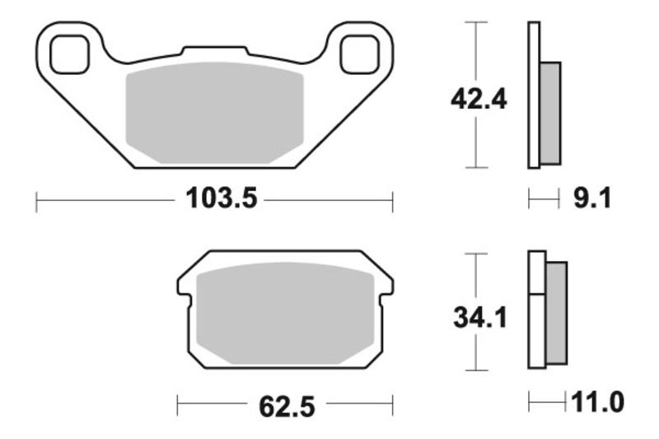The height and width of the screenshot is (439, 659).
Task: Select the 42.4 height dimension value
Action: pyautogui.click(x=478, y=100)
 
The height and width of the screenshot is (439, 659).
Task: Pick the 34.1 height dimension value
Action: pyautogui.click(x=478, y=317)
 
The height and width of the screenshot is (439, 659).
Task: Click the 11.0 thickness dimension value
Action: pyautogui.click(x=596, y=403)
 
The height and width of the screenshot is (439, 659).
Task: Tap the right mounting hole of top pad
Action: pyautogui.click(x=360, y=54)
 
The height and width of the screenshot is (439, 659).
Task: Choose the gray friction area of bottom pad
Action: pyautogui.click(x=285, y=317)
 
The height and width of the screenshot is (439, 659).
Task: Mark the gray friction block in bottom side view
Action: pyautogui.click(x=556, y=312)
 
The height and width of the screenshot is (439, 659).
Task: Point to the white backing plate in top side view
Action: pyautogui.click(x=533, y=96)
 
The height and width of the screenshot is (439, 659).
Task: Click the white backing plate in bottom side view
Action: pyautogui.click(x=536, y=309)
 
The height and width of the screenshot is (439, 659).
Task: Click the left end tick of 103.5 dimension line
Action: pyautogui.click(x=37, y=201)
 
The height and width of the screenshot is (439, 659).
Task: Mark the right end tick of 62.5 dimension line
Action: pyautogui.click(x=392, y=405)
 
